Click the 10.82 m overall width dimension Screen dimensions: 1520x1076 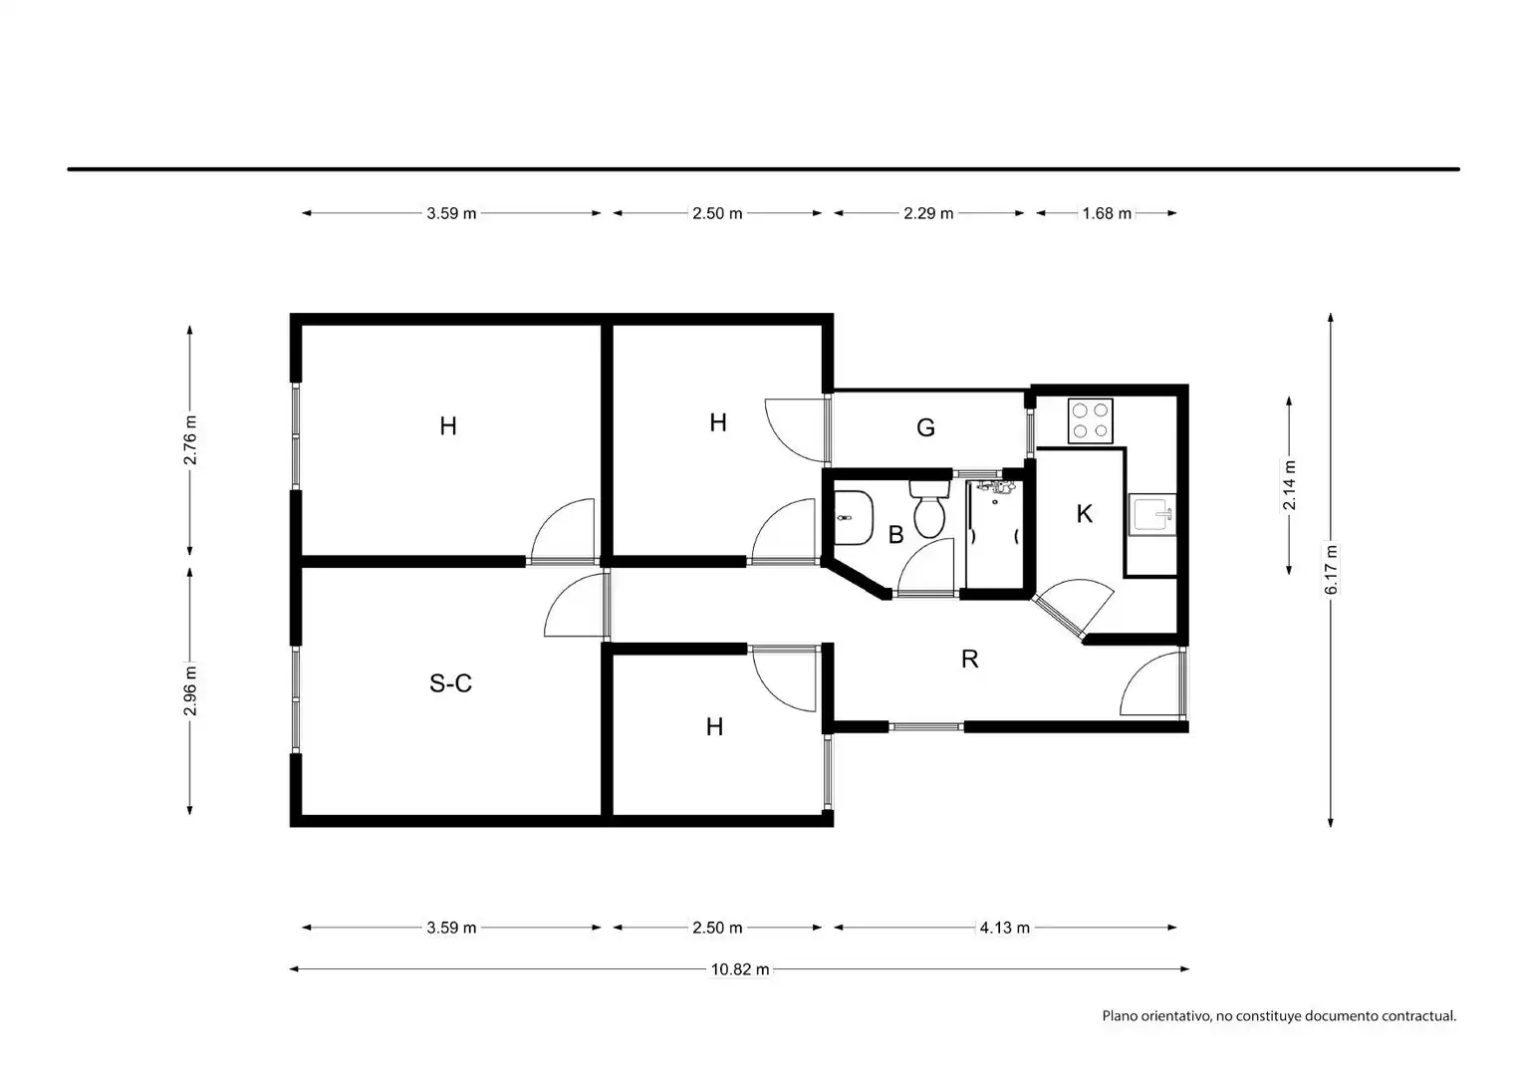[x=740, y=969]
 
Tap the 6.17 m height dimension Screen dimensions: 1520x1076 [x=1332, y=570]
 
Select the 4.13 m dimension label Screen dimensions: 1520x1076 [x=1004, y=928]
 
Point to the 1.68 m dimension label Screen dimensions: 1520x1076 [x=1107, y=213]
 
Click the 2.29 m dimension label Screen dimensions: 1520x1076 [x=928, y=213]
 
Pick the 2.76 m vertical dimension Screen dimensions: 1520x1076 [x=190, y=440]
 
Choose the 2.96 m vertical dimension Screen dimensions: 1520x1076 [x=190, y=690]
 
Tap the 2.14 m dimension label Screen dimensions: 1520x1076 [x=1289, y=485]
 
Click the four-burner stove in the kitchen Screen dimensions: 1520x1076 [x=1091, y=420]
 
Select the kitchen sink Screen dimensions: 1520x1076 [x=1152, y=514]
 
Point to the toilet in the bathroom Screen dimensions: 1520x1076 [x=929, y=509]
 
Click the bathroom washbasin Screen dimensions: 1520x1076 [x=853, y=517]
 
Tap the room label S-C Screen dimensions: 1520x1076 [x=450, y=682]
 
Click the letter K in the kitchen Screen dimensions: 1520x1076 [x=1085, y=514]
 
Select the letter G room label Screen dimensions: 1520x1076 [x=925, y=427]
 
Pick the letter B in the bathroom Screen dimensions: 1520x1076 [x=895, y=535]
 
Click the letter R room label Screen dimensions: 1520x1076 [x=970, y=659]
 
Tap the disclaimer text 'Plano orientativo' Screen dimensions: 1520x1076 [x=1156, y=1015]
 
